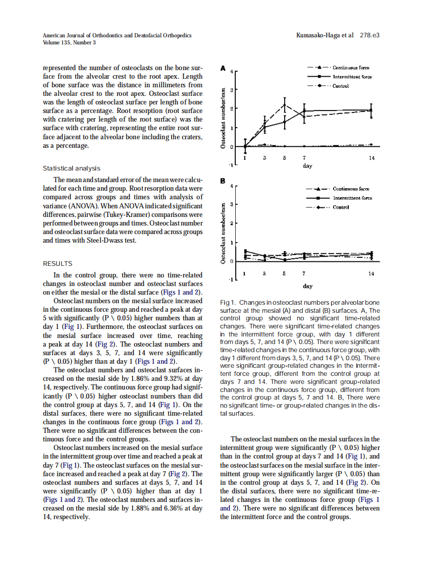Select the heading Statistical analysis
click(x=71, y=168)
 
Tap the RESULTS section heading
click(x=58, y=264)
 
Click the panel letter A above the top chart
click(x=223, y=68)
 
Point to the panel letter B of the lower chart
click(x=223, y=180)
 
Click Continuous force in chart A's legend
click(x=351, y=68)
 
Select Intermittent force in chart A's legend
click(x=352, y=77)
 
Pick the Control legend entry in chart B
click(x=341, y=207)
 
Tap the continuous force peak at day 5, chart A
click(x=285, y=105)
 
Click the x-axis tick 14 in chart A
click(x=372, y=158)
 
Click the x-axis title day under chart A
click(x=307, y=165)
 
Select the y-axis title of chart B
click(x=223, y=233)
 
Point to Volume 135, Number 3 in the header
click(x=69, y=43)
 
